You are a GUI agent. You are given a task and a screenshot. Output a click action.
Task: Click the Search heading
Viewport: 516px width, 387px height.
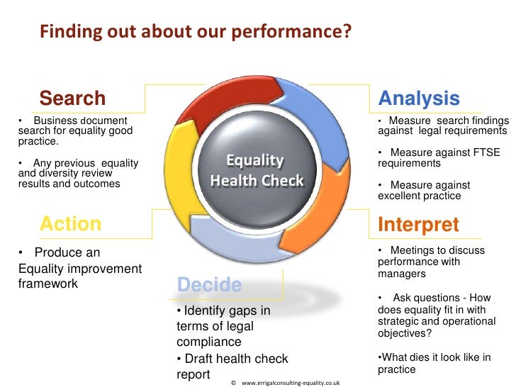click(72, 99)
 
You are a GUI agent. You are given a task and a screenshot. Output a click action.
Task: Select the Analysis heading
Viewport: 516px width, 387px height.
click(419, 99)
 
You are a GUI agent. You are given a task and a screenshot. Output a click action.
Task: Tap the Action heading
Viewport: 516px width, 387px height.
click(70, 224)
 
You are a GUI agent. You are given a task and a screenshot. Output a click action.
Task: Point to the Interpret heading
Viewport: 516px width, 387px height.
click(418, 225)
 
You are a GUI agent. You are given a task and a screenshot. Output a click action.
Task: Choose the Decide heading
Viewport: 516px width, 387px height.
click(209, 285)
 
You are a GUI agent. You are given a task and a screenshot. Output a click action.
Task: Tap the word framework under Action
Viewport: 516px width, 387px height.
click(47, 284)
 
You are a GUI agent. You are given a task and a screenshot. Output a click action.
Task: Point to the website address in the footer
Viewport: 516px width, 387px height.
click(291, 382)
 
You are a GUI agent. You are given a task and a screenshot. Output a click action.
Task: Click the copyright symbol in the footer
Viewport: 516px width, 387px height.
click(233, 382)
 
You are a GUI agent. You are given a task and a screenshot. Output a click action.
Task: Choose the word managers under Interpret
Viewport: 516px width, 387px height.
click(402, 273)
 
